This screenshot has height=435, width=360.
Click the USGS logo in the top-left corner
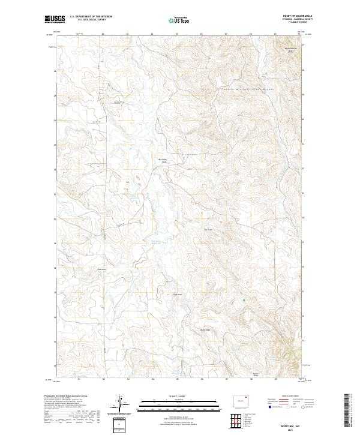(55, 19)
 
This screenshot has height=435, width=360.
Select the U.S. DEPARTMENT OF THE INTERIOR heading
(91, 17)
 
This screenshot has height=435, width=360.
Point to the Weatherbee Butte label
(290, 49)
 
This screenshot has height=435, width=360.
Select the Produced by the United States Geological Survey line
(67, 396)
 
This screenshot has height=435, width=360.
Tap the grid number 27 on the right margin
(303, 45)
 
